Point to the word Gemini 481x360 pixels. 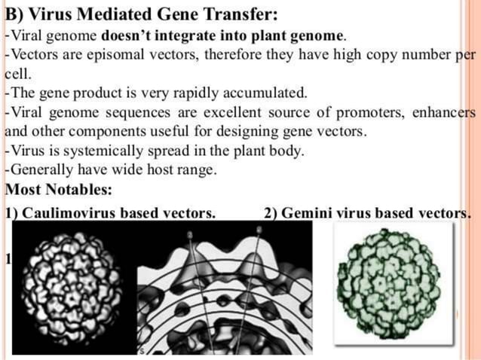tap(308, 212)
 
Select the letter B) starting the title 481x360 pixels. tap(14, 14)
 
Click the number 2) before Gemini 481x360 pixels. tap(271, 212)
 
